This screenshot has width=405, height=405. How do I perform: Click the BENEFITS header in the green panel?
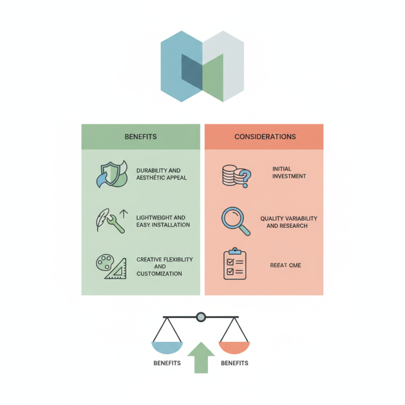(140, 137)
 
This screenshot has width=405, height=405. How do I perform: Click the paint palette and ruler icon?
(111, 266)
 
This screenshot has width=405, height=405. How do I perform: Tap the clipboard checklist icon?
(235, 264)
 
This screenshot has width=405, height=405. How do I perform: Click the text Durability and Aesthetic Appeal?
(161, 174)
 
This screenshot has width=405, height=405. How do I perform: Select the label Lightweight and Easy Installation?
(163, 221)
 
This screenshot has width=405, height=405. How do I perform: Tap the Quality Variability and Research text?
(289, 222)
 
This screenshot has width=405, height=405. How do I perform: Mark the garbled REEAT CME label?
(286, 265)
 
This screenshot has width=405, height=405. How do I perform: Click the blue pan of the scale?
(167, 347)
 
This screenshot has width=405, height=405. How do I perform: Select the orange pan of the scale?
(234, 347)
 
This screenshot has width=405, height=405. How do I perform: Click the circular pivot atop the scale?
(201, 317)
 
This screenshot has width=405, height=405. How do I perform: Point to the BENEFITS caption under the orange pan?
(234, 363)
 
